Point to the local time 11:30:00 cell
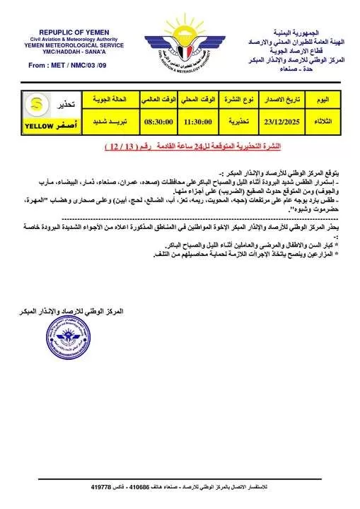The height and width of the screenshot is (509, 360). (199, 122)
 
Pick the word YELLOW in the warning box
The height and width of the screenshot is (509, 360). (44, 127)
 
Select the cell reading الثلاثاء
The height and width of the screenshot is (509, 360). (330, 122)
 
